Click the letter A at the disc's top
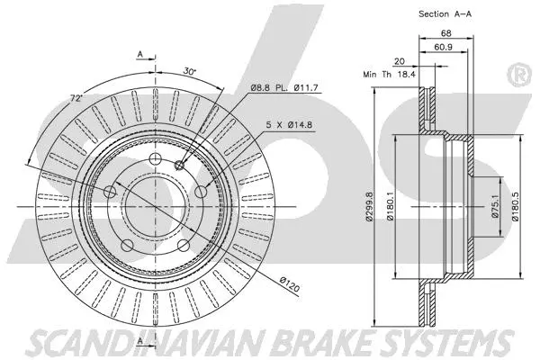140,56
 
